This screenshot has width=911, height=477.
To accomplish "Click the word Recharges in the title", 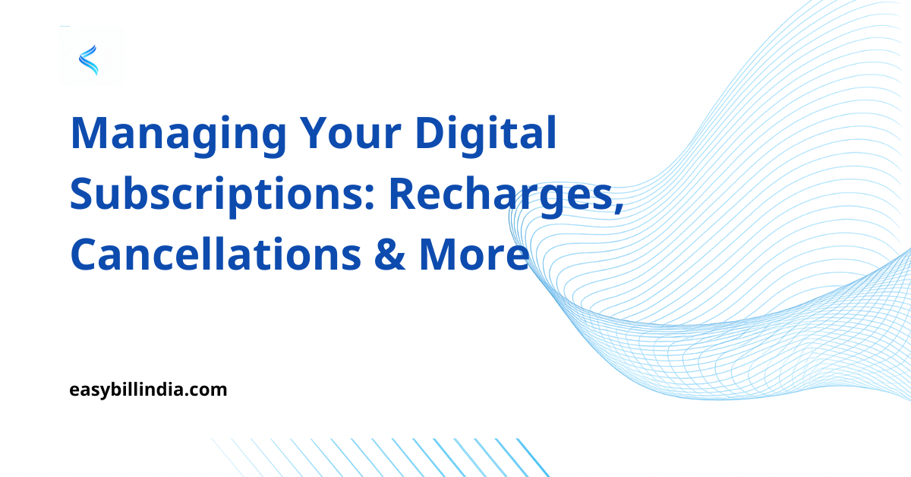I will point(502,194).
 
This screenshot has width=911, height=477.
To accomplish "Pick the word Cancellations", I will point(216,255).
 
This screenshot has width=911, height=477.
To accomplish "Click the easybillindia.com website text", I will point(148,390).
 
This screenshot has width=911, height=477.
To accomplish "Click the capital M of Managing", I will point(89,134).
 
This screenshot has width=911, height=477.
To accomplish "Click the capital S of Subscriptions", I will point(83,194).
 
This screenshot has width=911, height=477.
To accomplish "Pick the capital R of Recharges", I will point(405,194).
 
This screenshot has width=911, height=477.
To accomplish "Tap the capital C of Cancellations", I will point(85,255).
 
